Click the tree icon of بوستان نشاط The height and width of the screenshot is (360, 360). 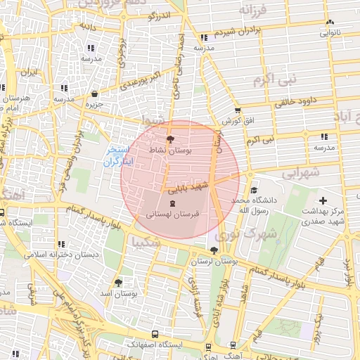pyautogui.click(x=169, y=139)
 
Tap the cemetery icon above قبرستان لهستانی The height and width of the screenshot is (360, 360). pyautogui.click(x=173, y=202)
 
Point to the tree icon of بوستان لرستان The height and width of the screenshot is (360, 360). pyautogui.click(x=214, y=250)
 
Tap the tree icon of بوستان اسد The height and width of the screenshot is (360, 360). pyautogui.click(x=118, y=282)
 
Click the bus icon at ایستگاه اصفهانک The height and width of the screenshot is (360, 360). pyautogui.click(x=155, y=335)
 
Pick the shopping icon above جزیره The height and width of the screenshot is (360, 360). pyautogui.click(x=94, y=94)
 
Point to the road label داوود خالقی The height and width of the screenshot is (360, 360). pyautogui.click(x=284, y=101)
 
